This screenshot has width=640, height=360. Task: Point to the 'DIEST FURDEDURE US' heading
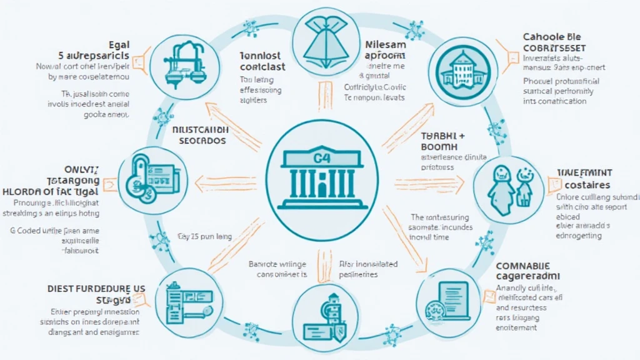click(x=96, y=288)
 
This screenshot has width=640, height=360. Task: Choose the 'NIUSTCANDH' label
click(x=199, y=131)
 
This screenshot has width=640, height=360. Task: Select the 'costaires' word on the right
click(x=587, y=185)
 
